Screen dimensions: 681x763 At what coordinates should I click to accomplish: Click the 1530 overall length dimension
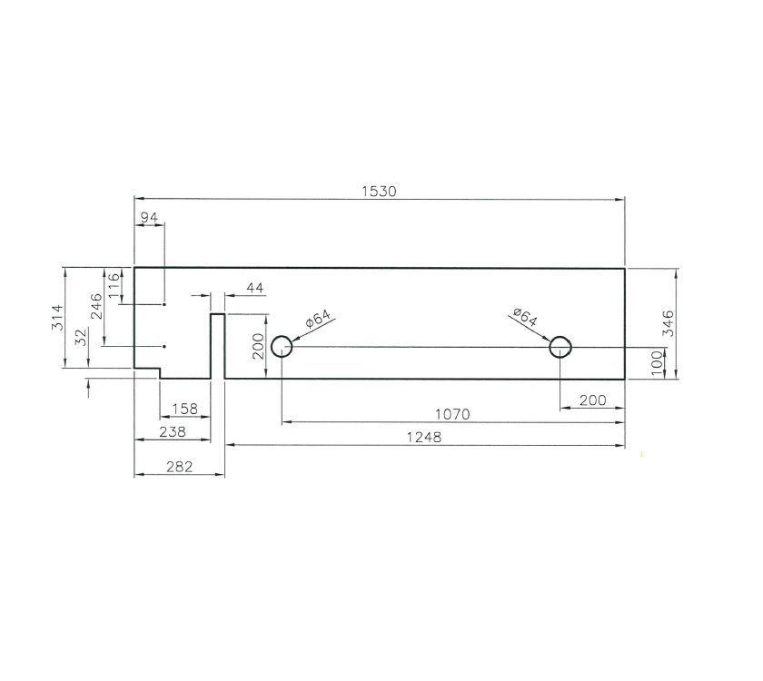tap(380, 191)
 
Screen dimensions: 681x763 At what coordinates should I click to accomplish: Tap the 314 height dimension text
tap(55, 318)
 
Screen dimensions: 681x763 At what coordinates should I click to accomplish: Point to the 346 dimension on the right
tap(668, 324)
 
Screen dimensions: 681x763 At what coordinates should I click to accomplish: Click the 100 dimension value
tap(657, 363)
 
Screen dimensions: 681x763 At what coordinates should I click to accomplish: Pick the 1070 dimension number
tap(451, 414)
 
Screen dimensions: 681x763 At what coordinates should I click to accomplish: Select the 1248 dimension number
tap(426, 437)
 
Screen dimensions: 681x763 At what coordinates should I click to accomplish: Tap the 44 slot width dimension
tap(254, 288)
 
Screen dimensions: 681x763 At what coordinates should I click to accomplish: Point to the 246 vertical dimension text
tap(96, 309)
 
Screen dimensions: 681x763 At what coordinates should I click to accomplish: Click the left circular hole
tap(282, 347)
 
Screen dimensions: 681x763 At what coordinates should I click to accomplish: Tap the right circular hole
tap(560, 347)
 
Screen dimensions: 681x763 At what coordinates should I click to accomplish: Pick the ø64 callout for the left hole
tap(319, 321)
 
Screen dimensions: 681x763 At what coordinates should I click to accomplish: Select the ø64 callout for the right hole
tap(524, 319)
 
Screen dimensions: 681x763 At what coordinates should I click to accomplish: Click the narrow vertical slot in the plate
tap(218, 346)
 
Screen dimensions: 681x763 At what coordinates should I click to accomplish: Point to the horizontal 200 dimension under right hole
tap(591, 400)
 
